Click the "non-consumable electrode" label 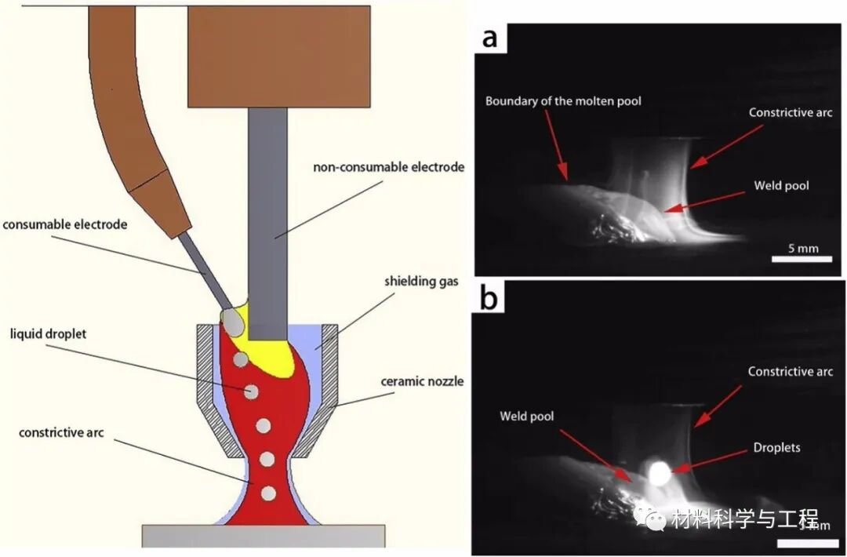point(389,167)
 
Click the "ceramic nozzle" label point(422,382)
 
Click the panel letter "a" point(490,37)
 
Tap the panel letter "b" point(490,300)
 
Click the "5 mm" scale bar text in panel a point(802,249)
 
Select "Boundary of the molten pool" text point(563,101)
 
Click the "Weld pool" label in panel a point(780,186)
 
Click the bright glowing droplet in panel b point(657,472)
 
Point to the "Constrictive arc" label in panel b point(790,371)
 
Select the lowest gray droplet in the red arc point(268,493)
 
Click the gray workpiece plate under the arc point(264,536)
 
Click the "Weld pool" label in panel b point(526,416)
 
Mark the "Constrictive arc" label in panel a point(790,112)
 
